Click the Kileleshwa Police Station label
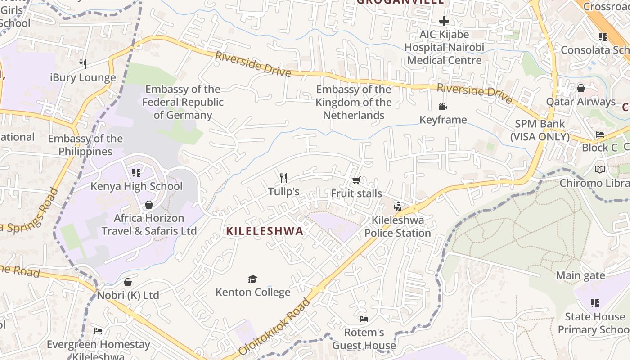[398, 227]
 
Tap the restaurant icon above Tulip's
[283, 178]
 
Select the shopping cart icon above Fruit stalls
[356, 180]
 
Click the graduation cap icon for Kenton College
[252, 279]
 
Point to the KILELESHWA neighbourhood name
[265, 231]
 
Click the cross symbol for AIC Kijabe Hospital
[444, 21]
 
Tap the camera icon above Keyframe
[443, 107]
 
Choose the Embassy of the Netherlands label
[354, 102]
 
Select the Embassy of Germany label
[183, 102]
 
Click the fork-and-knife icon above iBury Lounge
[83, 64]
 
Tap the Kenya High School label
[136, 186]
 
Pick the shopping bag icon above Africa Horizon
[149, 205]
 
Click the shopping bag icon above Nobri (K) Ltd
[128, 282]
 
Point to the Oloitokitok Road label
[274, 326]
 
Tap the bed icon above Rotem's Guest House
[364, 319]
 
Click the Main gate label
[580, 275]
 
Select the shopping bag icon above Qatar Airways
[581, 88]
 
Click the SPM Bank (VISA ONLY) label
[540, 130]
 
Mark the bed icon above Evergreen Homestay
[98, 331]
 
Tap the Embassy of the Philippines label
[85, 145]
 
